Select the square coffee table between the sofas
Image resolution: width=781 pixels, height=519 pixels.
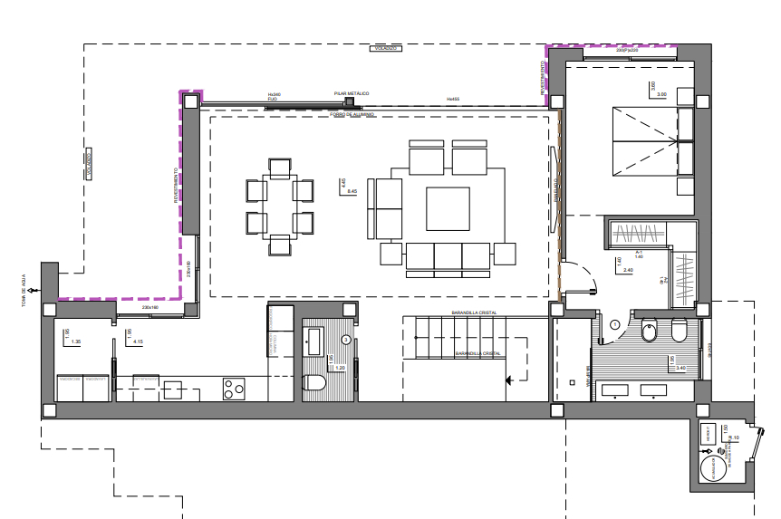pyautogui.click(x=448, y=207)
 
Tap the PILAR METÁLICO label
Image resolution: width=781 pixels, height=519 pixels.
pyautogui.click(x=352, y=93)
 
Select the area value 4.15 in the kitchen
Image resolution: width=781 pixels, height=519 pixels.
pyautogui.click(x=139, y=342)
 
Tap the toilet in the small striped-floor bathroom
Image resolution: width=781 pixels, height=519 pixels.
pyautogui.click(x=314, y=383)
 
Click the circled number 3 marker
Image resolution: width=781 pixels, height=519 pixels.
pyautogui.click(x=346, y=340)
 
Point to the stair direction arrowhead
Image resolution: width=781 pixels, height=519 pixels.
pyautogui.click(x=510, y=380)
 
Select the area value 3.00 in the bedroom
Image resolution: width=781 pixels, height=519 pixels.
pyautogui.click(x=660, y=94)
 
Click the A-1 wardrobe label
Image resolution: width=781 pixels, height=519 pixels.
pyautogui.click(x=639, y=252)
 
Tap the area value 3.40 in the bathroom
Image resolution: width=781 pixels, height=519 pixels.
pyautogui.click(x=680, y=369)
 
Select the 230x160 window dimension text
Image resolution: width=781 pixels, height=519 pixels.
pyautogui.click(x=150, y=307)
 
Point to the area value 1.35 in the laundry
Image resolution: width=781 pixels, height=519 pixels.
pyautogui.click(x=76, y=342)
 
